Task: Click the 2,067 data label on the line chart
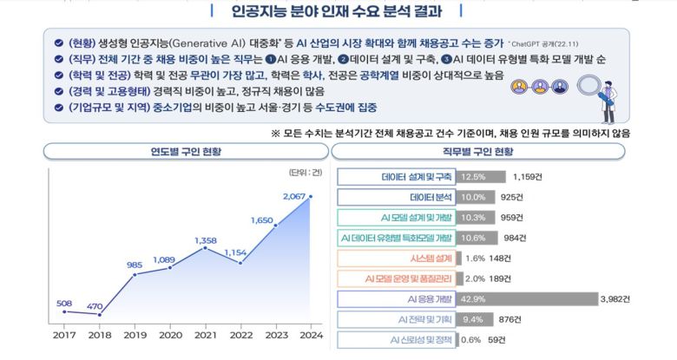(295, 197)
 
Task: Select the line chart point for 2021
(205, 248)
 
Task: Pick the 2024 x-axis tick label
(310, 334)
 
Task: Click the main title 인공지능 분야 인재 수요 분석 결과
(338, 12)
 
